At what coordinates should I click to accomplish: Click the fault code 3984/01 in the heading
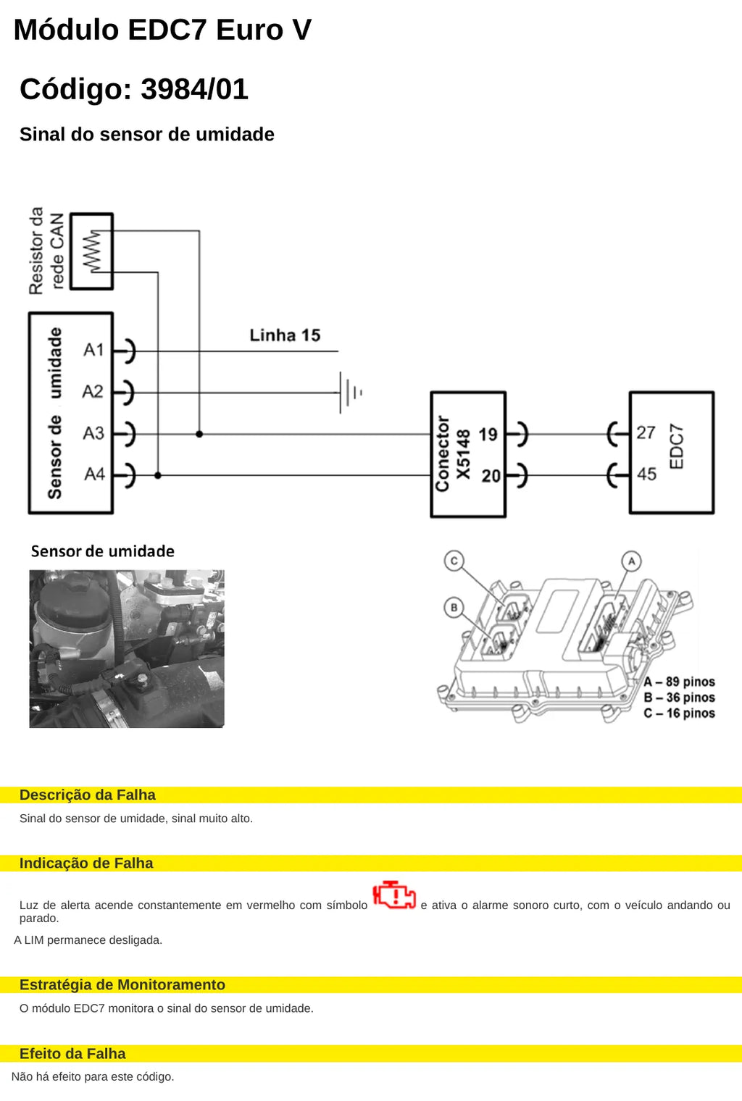(x=194, y=89)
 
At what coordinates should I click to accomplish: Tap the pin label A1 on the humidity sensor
(x=93, y=350)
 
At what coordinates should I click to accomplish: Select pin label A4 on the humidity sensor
(x=94, y=474)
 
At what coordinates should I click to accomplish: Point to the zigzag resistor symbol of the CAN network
(x=92, y=251)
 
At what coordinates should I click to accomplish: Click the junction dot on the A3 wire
(x=199, y=434)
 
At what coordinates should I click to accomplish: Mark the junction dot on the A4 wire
(x=158, y=475)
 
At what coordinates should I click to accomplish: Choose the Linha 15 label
(x=285, y=335)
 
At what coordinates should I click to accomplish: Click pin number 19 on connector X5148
(x=488, y=435)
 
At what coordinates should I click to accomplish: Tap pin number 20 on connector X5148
(x=491, y=476)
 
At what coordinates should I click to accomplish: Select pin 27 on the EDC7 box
(x=646, y=432)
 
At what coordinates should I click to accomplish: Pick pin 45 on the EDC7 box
(x=646, y=474)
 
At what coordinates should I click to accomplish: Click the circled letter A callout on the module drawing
(x=631, y=561)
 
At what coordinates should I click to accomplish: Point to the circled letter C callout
(x=454, y=561)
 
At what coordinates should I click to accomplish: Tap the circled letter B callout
(x=454, y=608)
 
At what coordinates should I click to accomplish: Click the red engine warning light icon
(x=394, y=895)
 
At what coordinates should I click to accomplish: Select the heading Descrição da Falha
(x=88, y=795)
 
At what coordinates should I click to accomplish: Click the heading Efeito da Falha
(x=72, y=1054)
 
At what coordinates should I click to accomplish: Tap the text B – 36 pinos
(x=679, y=698)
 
